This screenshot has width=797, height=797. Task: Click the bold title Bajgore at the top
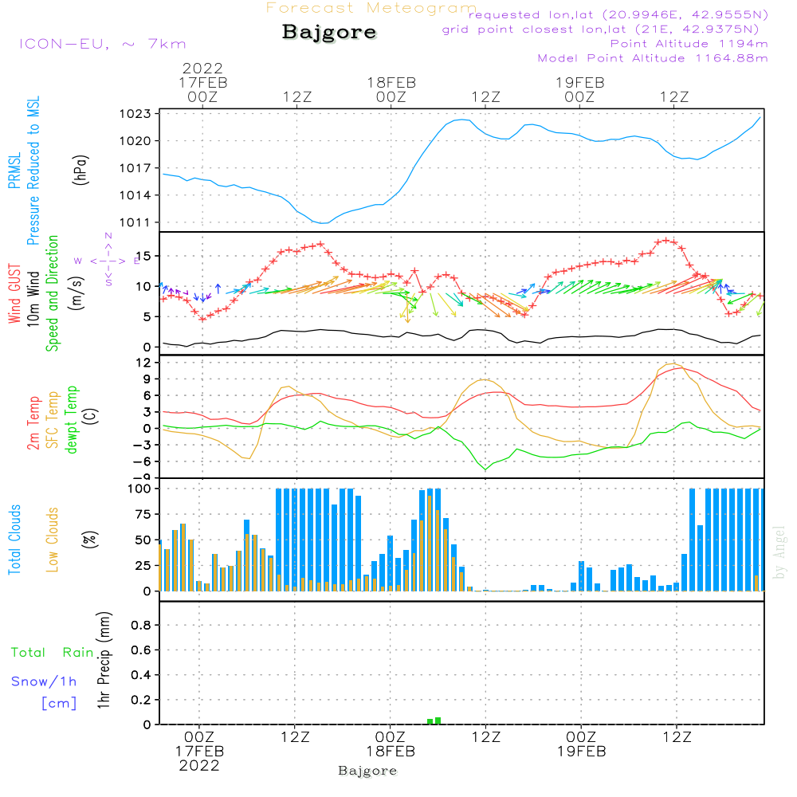point(329,33)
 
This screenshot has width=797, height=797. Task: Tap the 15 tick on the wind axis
point(144,256)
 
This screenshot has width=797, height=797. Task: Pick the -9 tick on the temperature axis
point(142,477)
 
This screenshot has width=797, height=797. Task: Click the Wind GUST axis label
point(14,295)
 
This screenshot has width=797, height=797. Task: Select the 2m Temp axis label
point(34,422)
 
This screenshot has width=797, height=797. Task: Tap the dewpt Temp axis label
point(73,420)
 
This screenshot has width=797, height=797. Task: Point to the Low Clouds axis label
point(53,540)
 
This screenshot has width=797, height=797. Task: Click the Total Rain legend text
point(52,653)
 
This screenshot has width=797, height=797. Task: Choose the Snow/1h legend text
point(45,681)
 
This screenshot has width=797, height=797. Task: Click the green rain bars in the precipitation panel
point(434,720)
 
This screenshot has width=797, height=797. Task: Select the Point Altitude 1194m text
point(689,43)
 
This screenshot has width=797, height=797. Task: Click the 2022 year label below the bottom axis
point(199,765)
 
